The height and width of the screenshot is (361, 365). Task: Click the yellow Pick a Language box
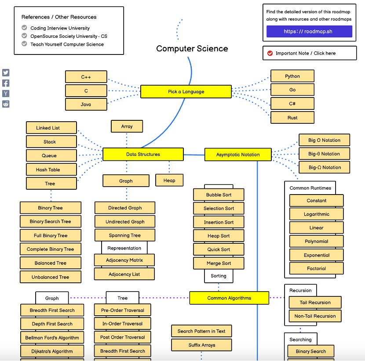186,92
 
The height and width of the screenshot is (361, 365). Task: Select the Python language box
292,76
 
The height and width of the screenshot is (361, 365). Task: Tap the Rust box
292,118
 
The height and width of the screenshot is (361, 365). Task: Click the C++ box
86,77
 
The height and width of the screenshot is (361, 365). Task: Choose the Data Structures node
143,154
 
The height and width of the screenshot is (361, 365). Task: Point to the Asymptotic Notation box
237,155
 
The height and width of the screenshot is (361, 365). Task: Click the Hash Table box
48,170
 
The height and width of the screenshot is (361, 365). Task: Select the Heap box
169,180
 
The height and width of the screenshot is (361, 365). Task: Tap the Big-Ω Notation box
325,167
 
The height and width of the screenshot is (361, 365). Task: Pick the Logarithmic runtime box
316,214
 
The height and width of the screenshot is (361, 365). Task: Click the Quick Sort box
219,249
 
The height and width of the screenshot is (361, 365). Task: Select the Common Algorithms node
229,298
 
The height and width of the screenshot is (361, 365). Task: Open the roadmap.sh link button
309,32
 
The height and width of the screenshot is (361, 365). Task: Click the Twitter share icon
6,73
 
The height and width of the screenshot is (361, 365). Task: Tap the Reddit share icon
6,104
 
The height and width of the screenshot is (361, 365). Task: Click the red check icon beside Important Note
270,53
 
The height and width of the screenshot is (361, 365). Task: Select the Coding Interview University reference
60,28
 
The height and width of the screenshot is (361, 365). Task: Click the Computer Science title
192,49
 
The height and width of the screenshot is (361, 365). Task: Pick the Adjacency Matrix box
124,260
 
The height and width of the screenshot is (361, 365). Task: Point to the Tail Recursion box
315,303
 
